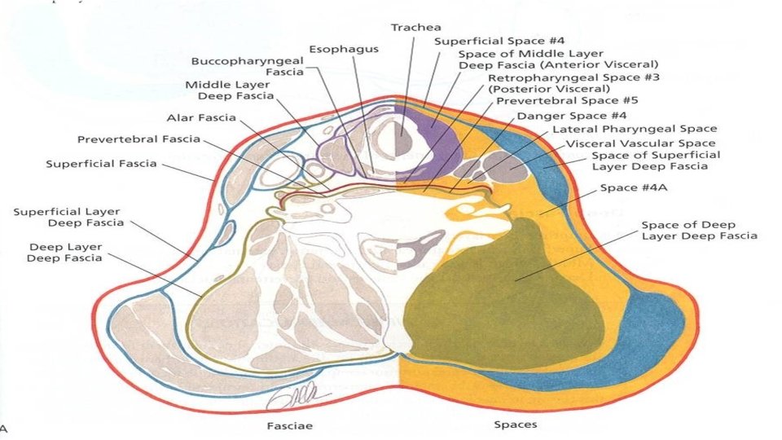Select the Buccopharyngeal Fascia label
click(248, 67)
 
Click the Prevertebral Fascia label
click(138, 139)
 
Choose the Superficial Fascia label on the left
click(101, 164)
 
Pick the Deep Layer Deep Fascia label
click(66, 253)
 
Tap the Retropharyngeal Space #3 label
click(573, 83)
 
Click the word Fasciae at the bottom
click(290, 425)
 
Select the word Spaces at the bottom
click(515, 425)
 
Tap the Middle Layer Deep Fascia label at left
click(231, 90)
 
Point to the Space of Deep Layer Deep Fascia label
click(699, 231)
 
